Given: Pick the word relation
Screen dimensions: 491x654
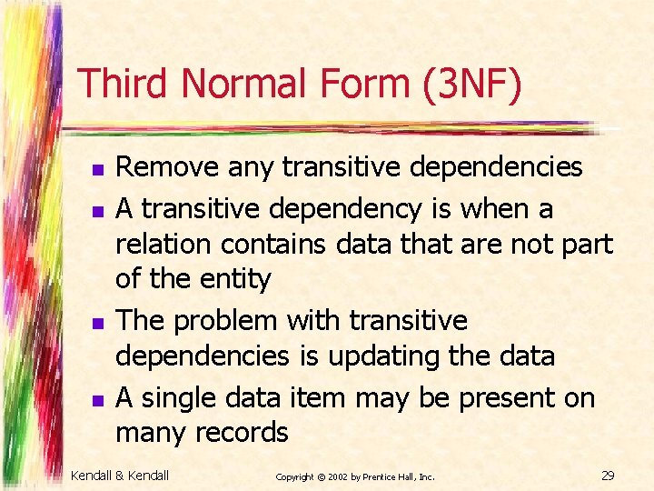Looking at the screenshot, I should click(159, 244).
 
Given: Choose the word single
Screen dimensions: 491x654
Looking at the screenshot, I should click(178, 397).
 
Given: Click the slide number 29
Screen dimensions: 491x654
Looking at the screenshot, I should click(609, 476).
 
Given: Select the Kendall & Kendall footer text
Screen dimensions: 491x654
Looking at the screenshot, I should click(120, 475).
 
